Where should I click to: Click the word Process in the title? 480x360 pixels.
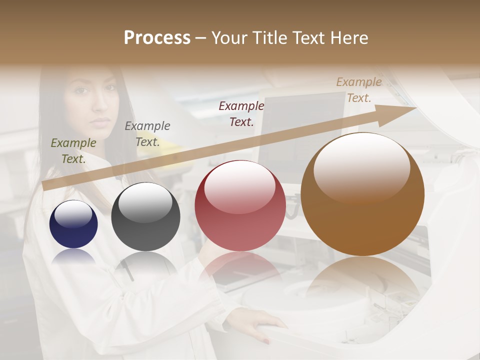click(x=157, y=38)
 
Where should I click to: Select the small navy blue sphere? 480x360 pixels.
click(x=73, y=224)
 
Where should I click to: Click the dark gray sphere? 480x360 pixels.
click(x=145, y=216)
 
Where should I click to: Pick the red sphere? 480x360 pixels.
click(x=240, y=205)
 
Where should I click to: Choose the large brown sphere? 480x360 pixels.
click(x=362, y=194)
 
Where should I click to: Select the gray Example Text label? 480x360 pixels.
click(x=147, y=134)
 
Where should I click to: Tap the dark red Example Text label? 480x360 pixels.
click(x=241, y=114)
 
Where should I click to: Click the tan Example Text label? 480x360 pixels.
click(x=359, y=90)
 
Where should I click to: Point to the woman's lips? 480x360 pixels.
click(x=101, y=121)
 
